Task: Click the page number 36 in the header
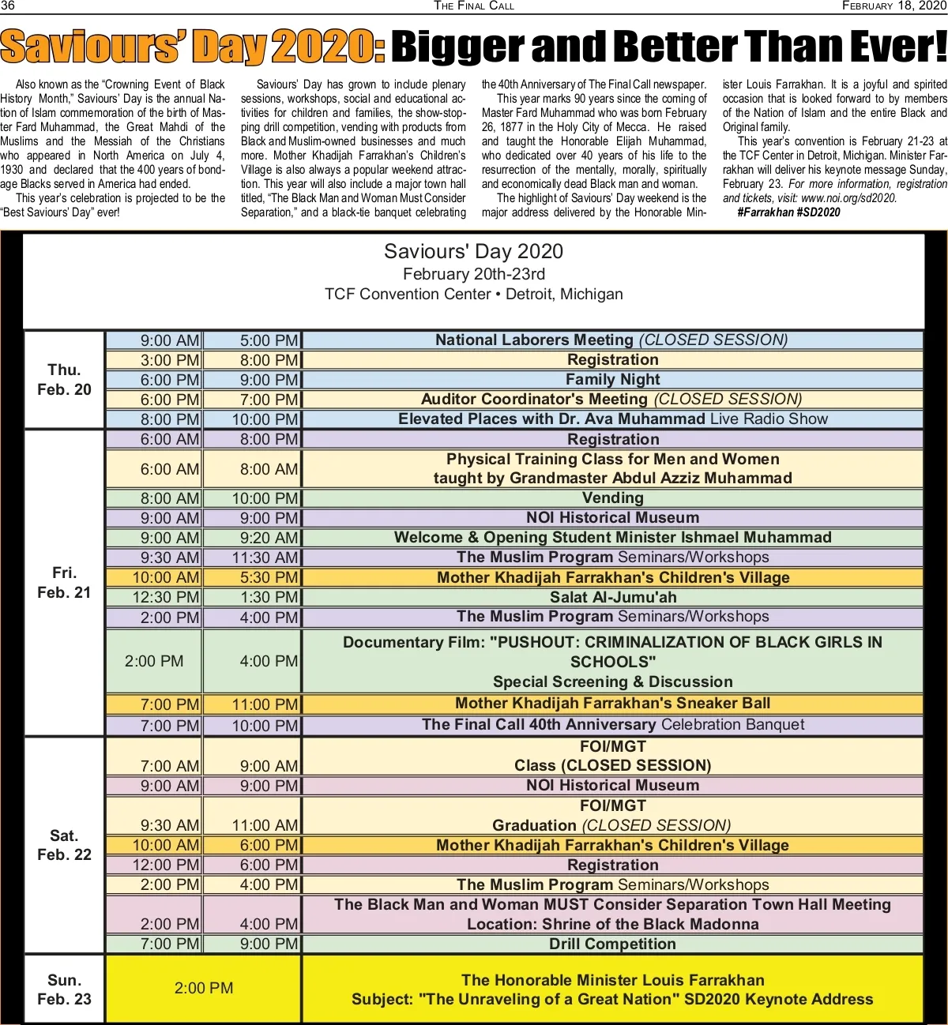pos(8,6)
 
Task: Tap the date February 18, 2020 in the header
pos(893,6)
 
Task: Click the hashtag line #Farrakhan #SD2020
pos(788,212)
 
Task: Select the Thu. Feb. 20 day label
pos(64,380)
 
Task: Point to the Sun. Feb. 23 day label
pos(64,989)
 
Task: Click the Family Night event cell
pos(612,380)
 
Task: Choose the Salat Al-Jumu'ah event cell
pos(612,598)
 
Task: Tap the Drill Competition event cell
pos(612,944)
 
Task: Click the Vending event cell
pos(612,498)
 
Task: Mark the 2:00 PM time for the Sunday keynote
pos(204,989)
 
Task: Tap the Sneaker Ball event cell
pos(612,704)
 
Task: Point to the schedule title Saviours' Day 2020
pos(473,252)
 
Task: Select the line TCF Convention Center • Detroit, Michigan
pos(473,295)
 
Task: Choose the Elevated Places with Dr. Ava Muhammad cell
pos(612,419)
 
